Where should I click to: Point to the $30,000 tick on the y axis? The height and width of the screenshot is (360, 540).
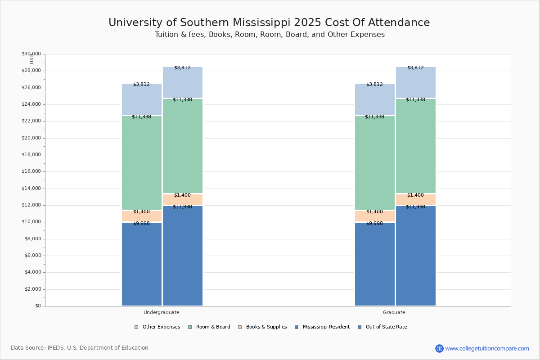(31, 54)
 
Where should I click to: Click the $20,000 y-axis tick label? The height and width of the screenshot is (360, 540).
(31, 138)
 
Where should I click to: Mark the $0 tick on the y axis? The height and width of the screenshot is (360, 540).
(38, 306)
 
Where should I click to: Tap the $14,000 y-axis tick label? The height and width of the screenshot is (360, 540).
(31, 189)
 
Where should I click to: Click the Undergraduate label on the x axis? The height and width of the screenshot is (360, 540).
(162, 312)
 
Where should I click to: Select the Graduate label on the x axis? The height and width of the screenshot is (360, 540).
(394, 312)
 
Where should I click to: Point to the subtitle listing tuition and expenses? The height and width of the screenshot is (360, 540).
(270, 35)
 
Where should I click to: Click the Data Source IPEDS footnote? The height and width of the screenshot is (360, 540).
(80, 348)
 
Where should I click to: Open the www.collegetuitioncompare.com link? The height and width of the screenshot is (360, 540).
(487, 348)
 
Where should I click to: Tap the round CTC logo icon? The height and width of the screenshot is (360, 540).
(439, 348)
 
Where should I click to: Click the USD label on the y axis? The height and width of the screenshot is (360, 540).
(31, 59)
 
